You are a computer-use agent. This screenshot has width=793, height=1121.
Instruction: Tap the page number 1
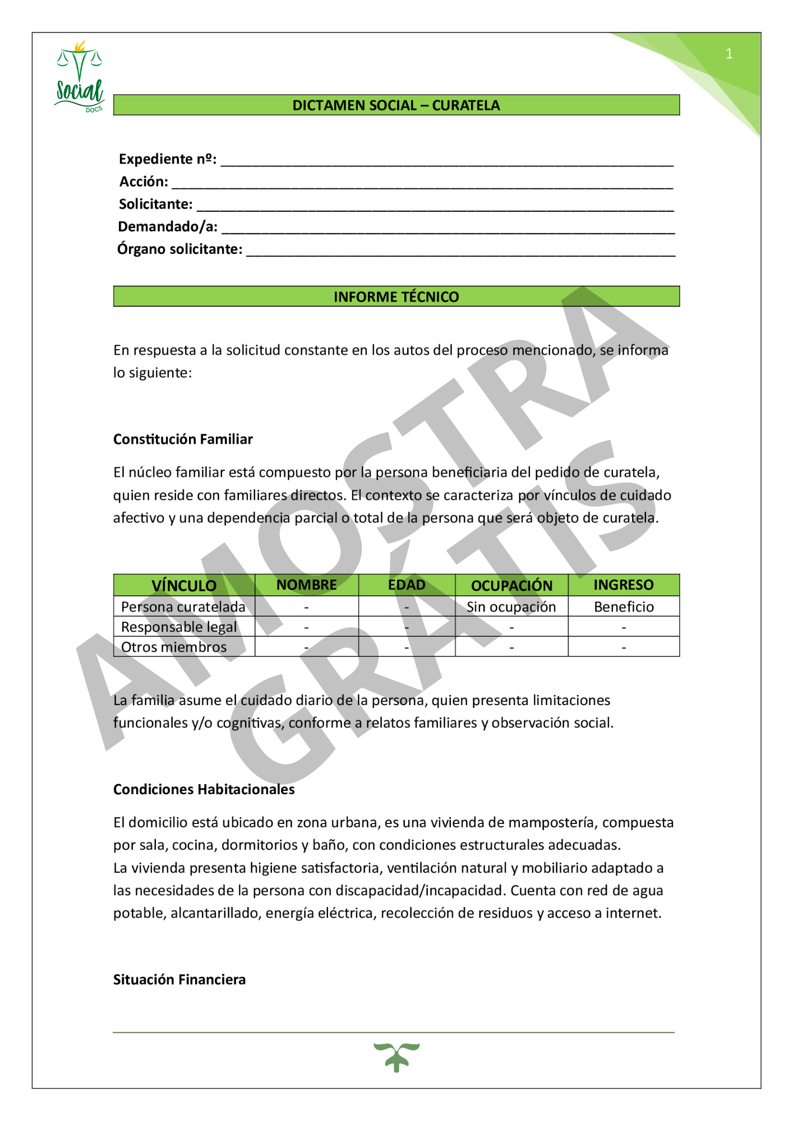click(729, 54)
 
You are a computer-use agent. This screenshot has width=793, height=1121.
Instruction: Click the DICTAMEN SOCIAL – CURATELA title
click(396, 105)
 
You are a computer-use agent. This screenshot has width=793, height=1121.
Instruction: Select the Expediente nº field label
click(167, 159)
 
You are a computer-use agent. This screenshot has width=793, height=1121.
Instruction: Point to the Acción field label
click(144, 182)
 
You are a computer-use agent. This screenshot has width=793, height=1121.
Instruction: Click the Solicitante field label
click(155, 204)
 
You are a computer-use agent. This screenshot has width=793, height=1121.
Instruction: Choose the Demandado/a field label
click(168, 226)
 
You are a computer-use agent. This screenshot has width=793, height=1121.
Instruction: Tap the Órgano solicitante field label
click(179, 249)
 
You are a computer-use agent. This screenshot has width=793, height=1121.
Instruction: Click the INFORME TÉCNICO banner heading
click(396, 297)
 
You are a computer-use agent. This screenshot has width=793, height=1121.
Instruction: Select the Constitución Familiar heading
click(183, 439)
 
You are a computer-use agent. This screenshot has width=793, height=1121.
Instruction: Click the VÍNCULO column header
click(183, 585)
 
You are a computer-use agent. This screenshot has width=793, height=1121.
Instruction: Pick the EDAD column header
click(407, 585)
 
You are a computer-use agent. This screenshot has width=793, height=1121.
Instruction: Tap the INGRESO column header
click(623, 585)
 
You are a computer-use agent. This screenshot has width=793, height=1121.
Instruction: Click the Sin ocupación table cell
click(511, 606)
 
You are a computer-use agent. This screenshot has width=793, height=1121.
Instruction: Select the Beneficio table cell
click(624, 606)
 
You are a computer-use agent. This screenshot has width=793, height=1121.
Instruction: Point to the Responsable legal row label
click(179, 627)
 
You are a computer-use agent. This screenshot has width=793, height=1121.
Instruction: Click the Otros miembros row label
click(174, 647)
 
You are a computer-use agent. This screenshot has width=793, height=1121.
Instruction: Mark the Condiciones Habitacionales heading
click(204, 789)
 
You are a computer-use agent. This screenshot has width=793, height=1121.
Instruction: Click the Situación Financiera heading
click(179, 979)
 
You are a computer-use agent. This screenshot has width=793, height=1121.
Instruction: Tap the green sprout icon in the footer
click(396, 1057)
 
